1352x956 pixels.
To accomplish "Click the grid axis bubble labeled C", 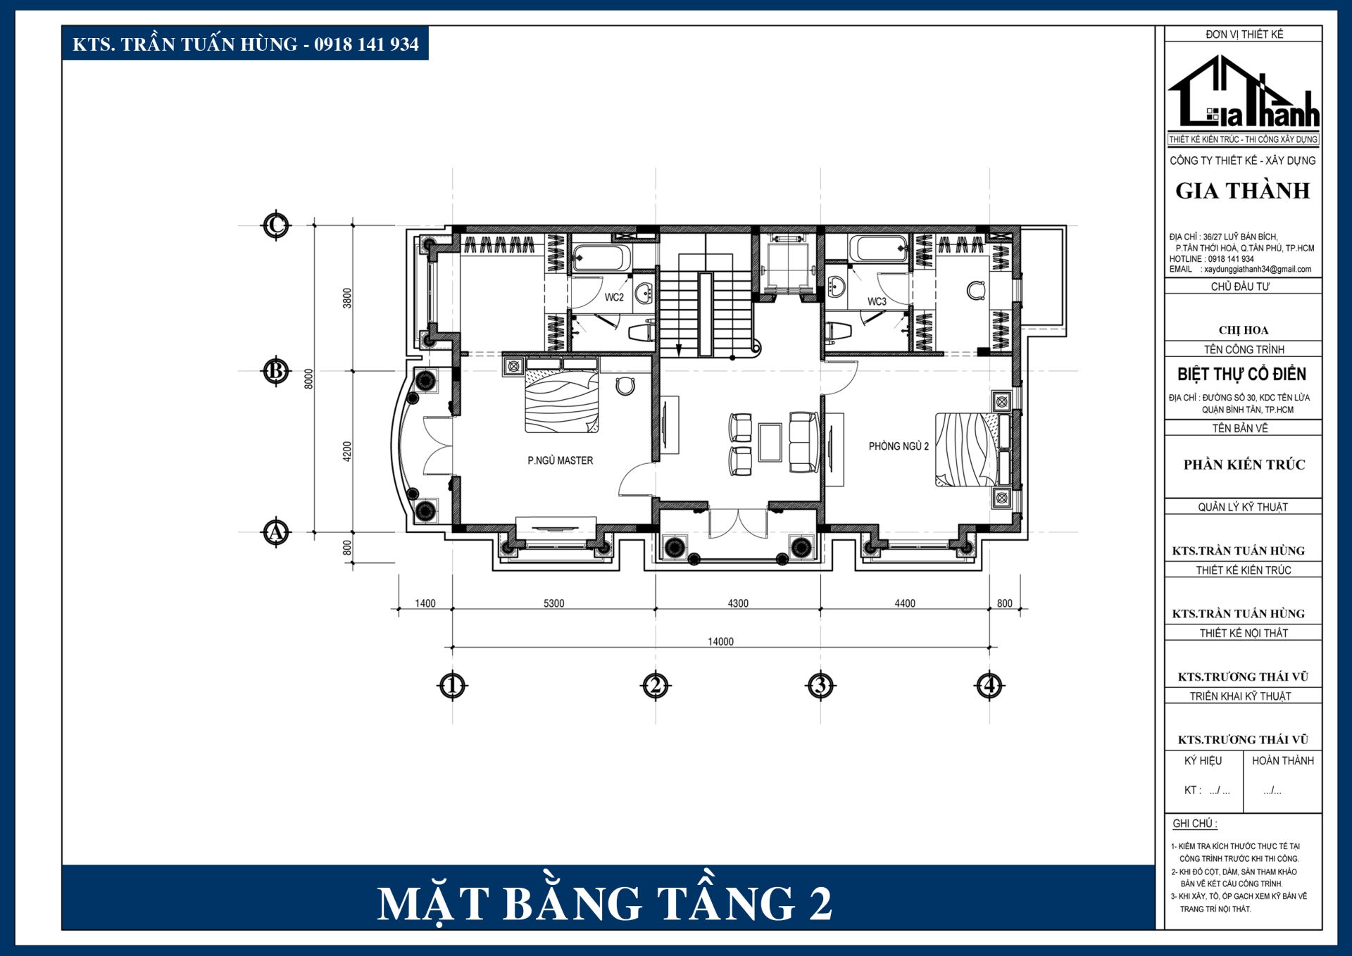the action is [x=276, y=226].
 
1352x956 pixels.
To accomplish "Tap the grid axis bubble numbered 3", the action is [x=820, y=685].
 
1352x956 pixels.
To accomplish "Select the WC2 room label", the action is [x=614, y=297].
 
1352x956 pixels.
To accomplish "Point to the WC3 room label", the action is [x=877, y=301].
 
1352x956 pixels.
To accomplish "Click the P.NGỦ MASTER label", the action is [x=561, y=460].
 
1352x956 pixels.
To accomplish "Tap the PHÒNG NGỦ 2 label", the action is [x=899, y=446].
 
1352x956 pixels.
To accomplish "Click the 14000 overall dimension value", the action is [x=720, y=641].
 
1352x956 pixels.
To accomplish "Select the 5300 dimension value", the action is [x=553, y=603].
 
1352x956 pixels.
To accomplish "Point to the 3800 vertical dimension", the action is [x=346, y=298].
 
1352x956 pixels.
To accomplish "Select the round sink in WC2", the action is [x=644, y=294].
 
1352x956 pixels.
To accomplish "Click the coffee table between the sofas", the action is [x=770, y=442].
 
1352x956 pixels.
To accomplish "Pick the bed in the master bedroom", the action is [x=562, y=395].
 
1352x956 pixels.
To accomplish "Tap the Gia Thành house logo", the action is [x=1244, y=92].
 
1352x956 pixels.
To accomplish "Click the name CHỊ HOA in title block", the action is [x=1244, y=330].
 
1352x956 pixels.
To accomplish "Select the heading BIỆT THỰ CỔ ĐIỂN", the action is [x=1242, y=374].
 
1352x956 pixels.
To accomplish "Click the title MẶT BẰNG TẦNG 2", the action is [x=605, y=904].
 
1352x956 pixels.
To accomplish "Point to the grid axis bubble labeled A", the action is [x=276, y=532].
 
